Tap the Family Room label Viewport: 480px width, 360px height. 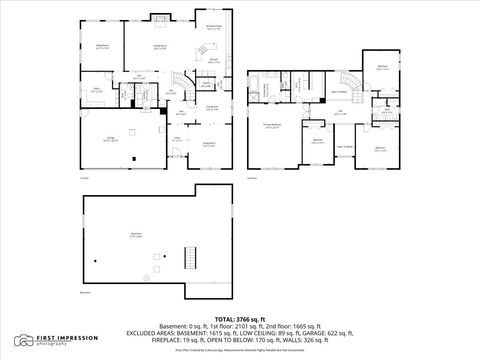pos(158,47)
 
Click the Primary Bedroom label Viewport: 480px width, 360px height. pos(271,125)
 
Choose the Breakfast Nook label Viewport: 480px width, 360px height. pos(213,27)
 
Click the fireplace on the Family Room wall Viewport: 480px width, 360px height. pos(160,18)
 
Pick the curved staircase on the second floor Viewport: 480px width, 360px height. pos(349,81)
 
